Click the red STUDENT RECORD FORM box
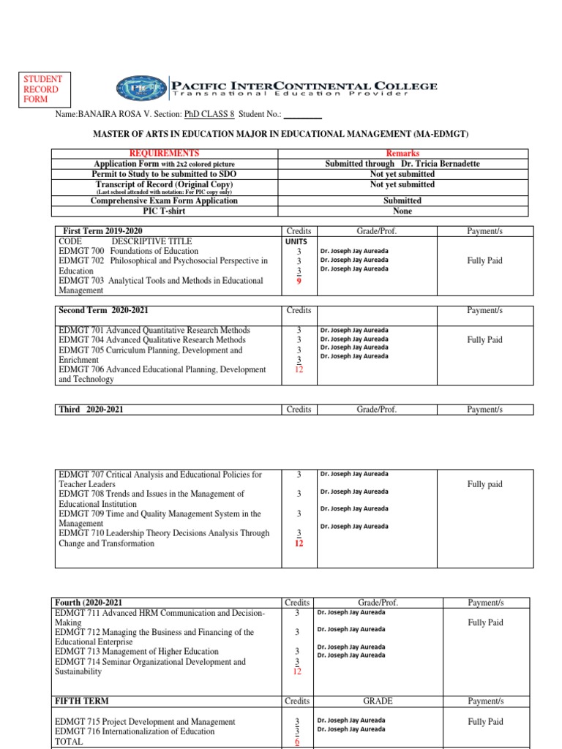(43, 89)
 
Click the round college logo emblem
(141, 89)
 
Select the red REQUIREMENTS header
(164, 153)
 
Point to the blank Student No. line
(302, 116)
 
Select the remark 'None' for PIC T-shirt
(402, 211)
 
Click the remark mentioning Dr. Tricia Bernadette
(402, 164)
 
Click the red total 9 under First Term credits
(299, 279)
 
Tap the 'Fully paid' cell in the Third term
(485, 484)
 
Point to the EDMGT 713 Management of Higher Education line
(136, 651)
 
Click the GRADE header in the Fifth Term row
(378, 701)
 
